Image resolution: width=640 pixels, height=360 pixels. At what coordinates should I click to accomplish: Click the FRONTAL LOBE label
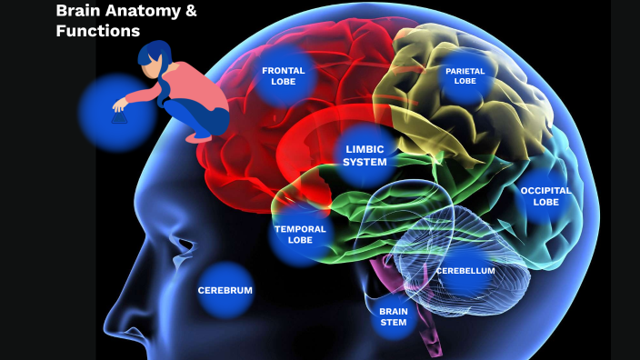(283, 75)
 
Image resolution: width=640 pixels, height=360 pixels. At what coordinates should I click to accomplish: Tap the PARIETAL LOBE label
(465, 75)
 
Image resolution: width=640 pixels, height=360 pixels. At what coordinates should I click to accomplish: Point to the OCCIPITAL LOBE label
(545, 196)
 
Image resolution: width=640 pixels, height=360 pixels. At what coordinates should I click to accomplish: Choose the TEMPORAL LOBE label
(299, 235)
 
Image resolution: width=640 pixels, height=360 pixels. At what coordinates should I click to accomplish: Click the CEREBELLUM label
(465, 271)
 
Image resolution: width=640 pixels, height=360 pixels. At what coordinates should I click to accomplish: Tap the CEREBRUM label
(225, 291)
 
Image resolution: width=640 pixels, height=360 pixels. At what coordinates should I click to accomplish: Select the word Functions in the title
(97, 31)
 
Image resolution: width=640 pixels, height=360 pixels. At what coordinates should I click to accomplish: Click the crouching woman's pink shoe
(198, 137)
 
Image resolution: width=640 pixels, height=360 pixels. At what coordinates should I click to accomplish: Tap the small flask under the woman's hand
(118, 115)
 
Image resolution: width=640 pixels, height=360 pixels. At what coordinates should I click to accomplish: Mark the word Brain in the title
(76, 11)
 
